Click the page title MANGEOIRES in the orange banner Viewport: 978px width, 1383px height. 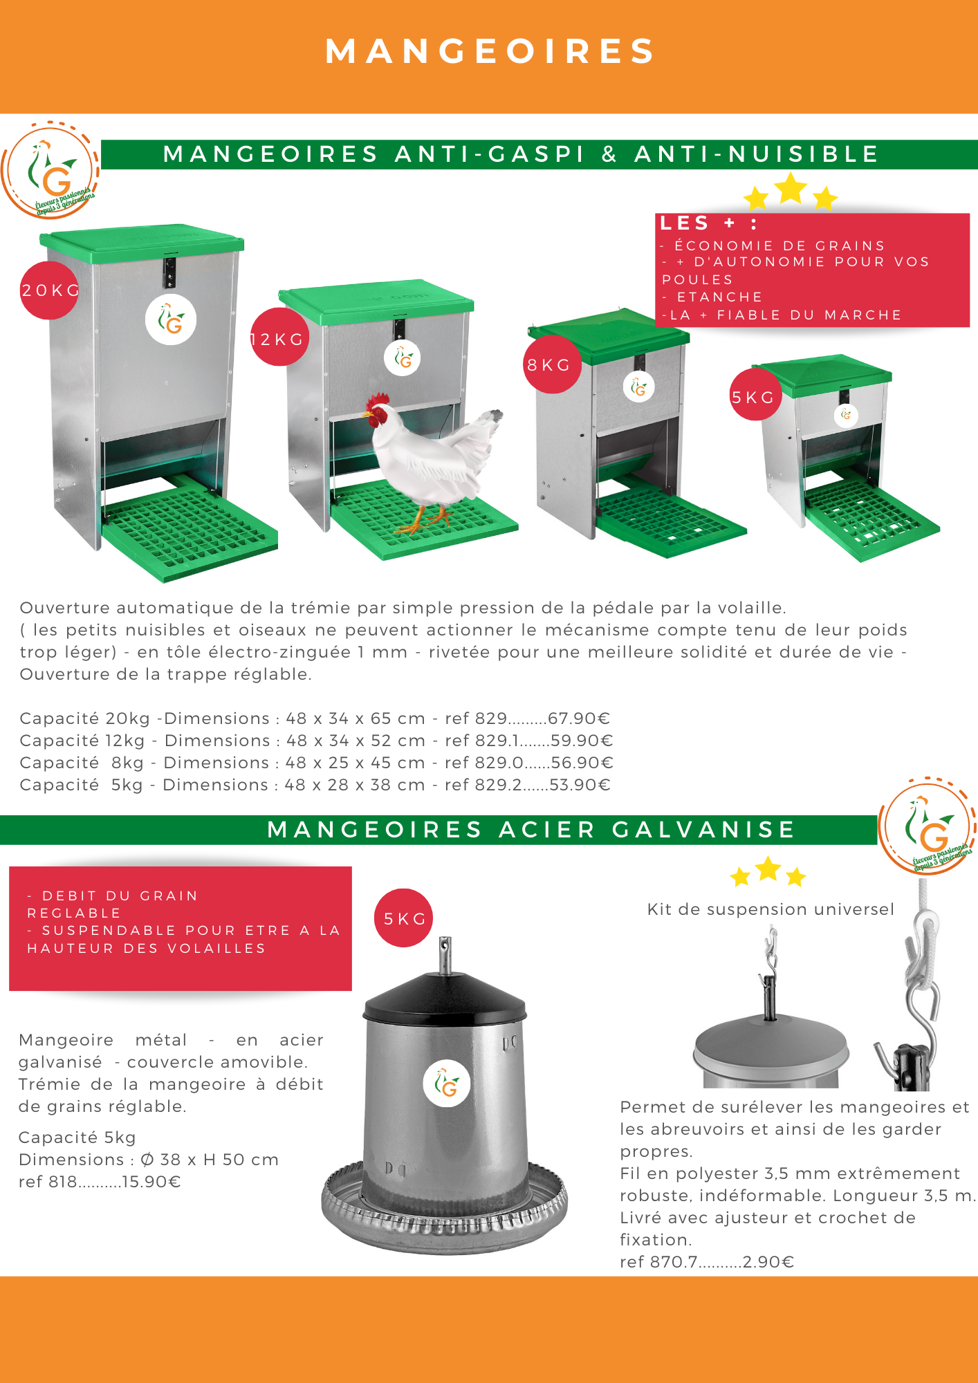tap(490, 51)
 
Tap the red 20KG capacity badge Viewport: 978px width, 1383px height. tap(48, 290)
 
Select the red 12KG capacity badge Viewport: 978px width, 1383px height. tap(278, 337)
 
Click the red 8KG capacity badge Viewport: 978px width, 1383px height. tap(551, 364)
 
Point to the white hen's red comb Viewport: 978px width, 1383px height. tap(378, 400)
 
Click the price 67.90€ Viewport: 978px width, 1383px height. tap(579, 718)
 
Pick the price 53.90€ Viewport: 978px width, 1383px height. tap(580, 785)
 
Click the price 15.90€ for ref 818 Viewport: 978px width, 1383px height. tap(151, 1182)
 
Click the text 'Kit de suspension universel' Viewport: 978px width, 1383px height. tap(771, 909)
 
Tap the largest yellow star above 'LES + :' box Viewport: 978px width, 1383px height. tap(791, 188)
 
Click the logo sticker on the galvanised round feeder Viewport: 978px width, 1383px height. tap(447, 1083)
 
